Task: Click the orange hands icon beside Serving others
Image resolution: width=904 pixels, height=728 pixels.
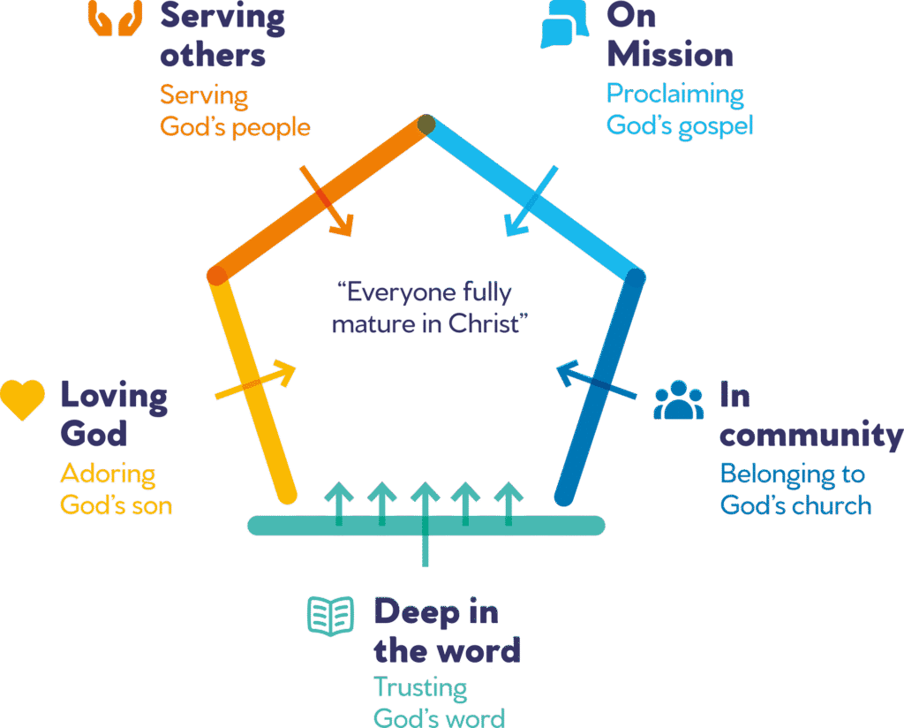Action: tap(116, 18)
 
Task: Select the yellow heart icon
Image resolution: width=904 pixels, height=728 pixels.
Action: tap(22, 400)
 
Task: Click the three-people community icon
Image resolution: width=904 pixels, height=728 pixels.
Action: tap(679, 400)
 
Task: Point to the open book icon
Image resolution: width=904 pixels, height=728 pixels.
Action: tap(330, 616)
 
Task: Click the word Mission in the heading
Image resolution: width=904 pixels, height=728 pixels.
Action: tap(669, 55)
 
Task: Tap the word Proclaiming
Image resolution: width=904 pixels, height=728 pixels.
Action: tap(674, 94)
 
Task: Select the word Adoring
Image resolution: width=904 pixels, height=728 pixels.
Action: tap(108, 474)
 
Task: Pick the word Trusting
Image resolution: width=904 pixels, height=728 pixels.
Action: tap(420, 687)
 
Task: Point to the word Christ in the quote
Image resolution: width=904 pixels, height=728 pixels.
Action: tap(487, 323)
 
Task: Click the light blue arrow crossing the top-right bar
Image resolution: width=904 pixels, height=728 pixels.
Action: tap(531, 202)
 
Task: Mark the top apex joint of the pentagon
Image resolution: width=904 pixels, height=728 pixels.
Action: tap(426, 125)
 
